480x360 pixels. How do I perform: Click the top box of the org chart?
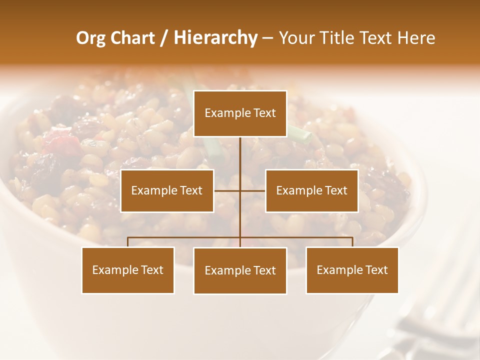(240, 113)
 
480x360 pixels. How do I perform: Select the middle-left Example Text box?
(167, 190)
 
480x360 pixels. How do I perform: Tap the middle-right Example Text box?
(311, 190)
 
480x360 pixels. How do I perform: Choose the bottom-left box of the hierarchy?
(128, 270)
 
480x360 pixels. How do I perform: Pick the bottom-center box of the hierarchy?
(240, 270)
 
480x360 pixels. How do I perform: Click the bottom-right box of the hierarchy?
(352, 270)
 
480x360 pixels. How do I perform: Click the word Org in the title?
(90, 38)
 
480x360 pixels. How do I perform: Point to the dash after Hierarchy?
(267, 38)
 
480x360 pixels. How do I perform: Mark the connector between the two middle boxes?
(240, 190)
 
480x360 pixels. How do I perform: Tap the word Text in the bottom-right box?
(376, 270)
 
